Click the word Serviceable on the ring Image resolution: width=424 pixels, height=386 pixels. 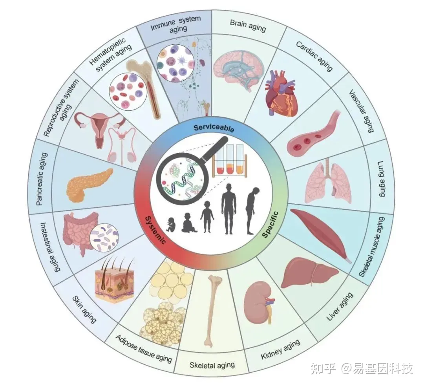click(x=214, y=128)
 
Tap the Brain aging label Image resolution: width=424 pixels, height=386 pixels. click(x=248, y=25)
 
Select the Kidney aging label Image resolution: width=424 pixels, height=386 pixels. click(x=280, y=349)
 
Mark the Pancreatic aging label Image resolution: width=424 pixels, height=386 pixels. click(x=43, y=179)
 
